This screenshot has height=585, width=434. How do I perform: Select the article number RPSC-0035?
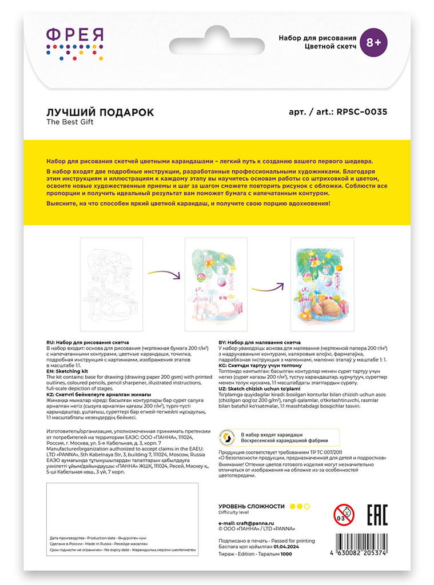click(359, 112)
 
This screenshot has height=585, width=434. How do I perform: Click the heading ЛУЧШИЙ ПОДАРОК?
click(99, 112)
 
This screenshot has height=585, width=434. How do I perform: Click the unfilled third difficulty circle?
click(307, 506)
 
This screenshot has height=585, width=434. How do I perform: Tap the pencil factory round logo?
click(228, 438)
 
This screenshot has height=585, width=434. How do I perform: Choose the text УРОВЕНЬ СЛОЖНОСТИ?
click(252, 506)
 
